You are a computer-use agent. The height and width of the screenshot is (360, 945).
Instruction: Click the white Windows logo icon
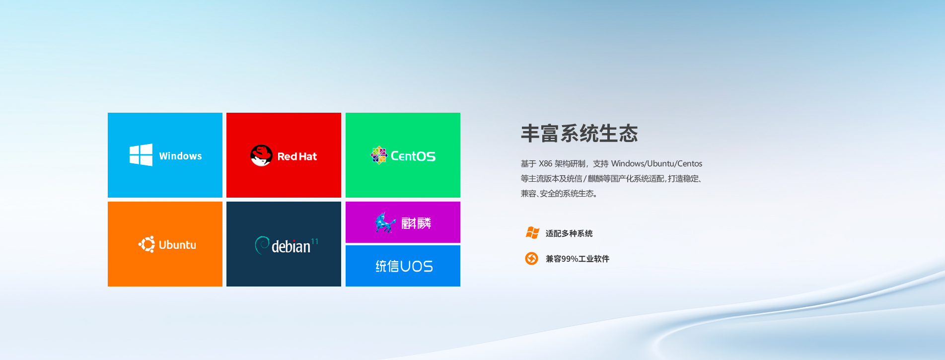(141, 155)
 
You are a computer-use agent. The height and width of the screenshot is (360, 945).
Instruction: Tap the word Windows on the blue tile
(180, 156)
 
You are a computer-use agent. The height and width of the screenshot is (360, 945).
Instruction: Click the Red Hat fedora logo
(261, 155)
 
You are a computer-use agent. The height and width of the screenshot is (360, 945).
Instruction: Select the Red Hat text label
(297, 156)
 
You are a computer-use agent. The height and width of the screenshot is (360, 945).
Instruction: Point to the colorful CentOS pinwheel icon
(379, 155)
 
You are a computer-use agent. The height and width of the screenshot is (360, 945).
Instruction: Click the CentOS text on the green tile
(413, 156)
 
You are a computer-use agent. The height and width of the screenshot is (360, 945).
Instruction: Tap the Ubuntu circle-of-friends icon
(146, 244)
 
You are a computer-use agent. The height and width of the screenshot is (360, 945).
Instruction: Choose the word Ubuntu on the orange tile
(177, 245)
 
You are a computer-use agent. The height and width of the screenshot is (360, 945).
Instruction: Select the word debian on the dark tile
(291, 246)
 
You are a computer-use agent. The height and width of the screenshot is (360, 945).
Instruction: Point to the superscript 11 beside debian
(314, 241)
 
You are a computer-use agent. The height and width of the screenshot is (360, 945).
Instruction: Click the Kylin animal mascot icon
(385, 222)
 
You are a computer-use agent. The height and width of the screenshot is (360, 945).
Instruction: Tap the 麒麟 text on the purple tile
(416, 223)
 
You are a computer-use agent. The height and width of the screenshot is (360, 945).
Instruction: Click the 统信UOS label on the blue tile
(404, 266)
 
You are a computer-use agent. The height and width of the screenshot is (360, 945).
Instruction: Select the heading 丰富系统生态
(580, 134)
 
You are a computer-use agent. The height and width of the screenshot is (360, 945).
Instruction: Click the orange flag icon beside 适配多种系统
(532, 232)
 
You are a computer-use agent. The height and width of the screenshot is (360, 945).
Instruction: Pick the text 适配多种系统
(569, 233)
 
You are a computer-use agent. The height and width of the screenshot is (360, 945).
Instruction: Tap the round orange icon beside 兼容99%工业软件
(532, 258)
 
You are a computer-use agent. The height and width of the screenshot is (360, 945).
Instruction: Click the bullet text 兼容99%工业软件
(578, 259)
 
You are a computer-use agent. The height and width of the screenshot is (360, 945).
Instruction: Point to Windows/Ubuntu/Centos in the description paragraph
(656, 163)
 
